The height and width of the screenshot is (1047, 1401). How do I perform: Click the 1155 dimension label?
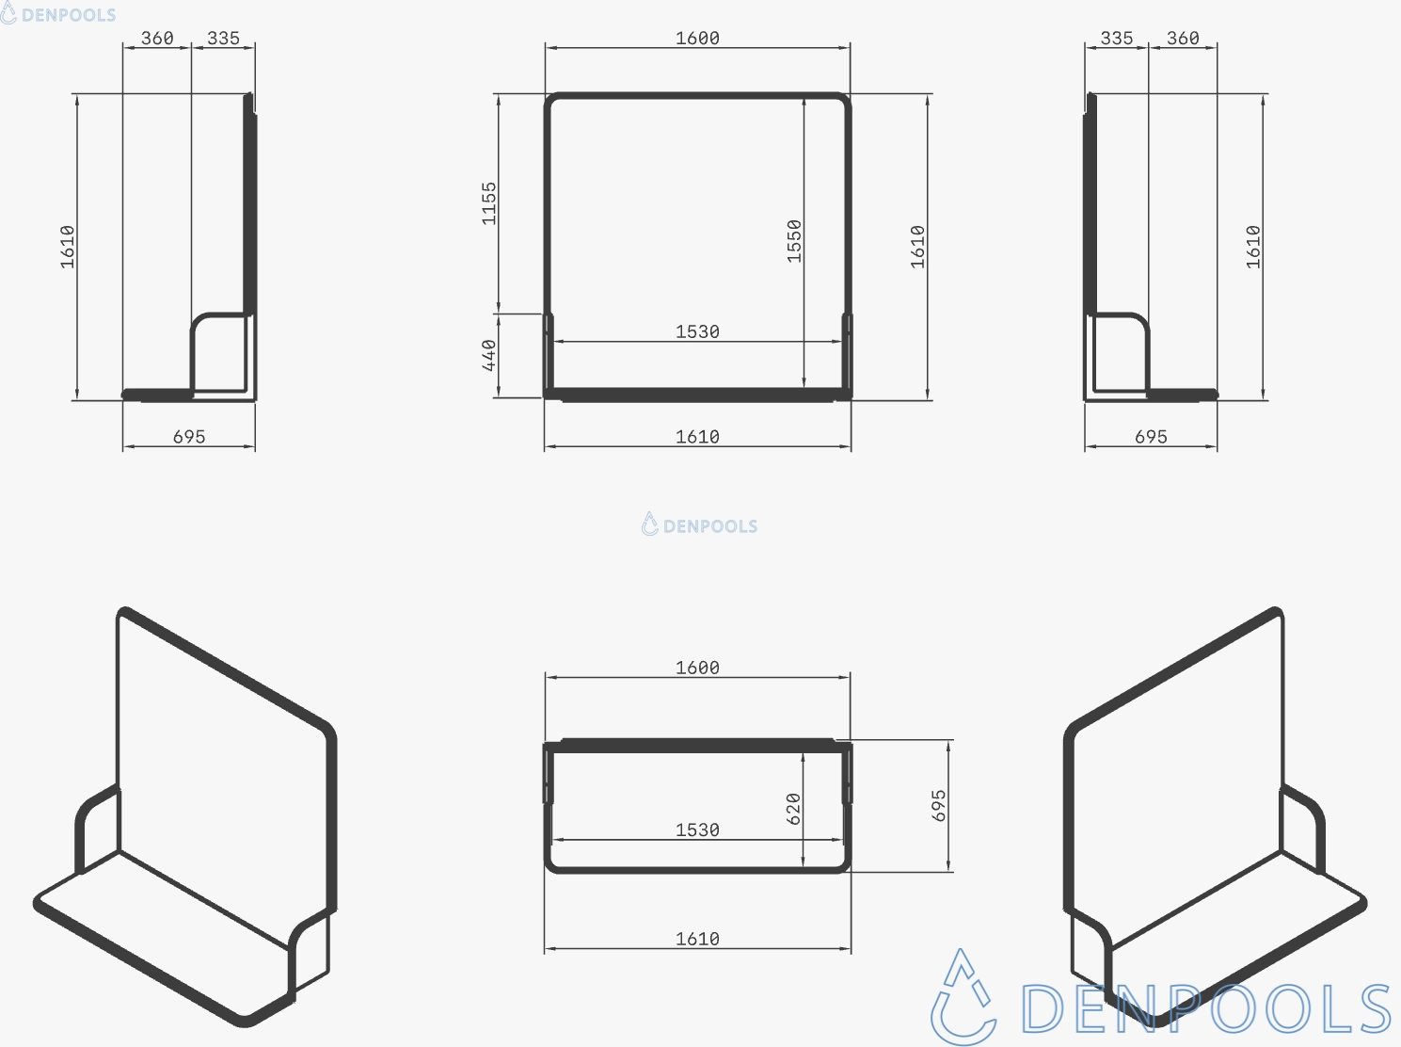click(489, 203)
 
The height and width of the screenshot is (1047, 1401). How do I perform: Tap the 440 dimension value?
click(489, 355)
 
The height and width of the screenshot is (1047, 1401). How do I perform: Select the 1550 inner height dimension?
click(794, 241)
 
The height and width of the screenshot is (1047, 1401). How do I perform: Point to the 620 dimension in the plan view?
click(793, 808)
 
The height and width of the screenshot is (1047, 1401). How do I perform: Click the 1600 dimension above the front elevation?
click(697, 39)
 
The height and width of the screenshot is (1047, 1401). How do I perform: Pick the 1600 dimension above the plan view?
click(697, 668)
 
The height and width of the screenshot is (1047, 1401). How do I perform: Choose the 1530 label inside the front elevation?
click(697, 332)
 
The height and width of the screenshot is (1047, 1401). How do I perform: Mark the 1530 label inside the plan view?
click(697, 830)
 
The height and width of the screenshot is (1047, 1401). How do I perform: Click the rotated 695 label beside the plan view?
click(939, 806)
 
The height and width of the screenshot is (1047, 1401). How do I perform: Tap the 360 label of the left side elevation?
click(157, 39)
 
